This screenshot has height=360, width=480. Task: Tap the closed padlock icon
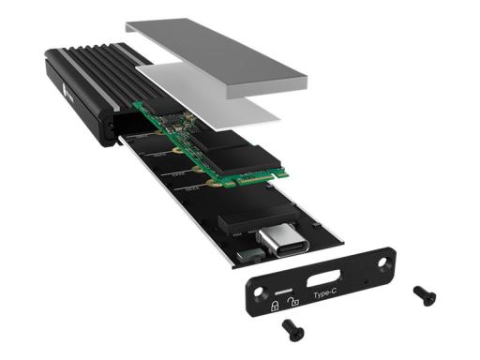pyautogui.click(x=275, y=306)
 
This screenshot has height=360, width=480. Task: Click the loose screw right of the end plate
pyautogui.click(x=424, y=295)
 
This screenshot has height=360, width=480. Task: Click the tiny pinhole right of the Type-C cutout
pyautogui.click(x=364, y=278)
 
